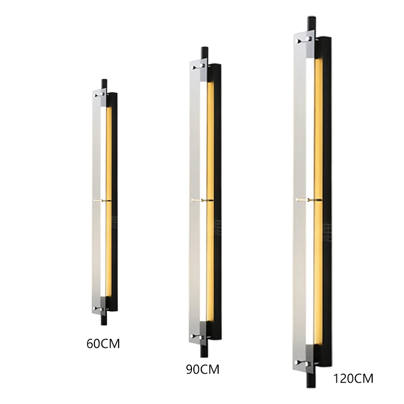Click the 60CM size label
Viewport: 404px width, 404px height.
point(104,345)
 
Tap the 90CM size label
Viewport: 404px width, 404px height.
point(203,369)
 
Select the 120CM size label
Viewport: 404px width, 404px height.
point(353,378)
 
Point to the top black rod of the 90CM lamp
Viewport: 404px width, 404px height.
point(204,53)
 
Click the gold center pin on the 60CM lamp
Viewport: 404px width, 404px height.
point(103,201)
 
